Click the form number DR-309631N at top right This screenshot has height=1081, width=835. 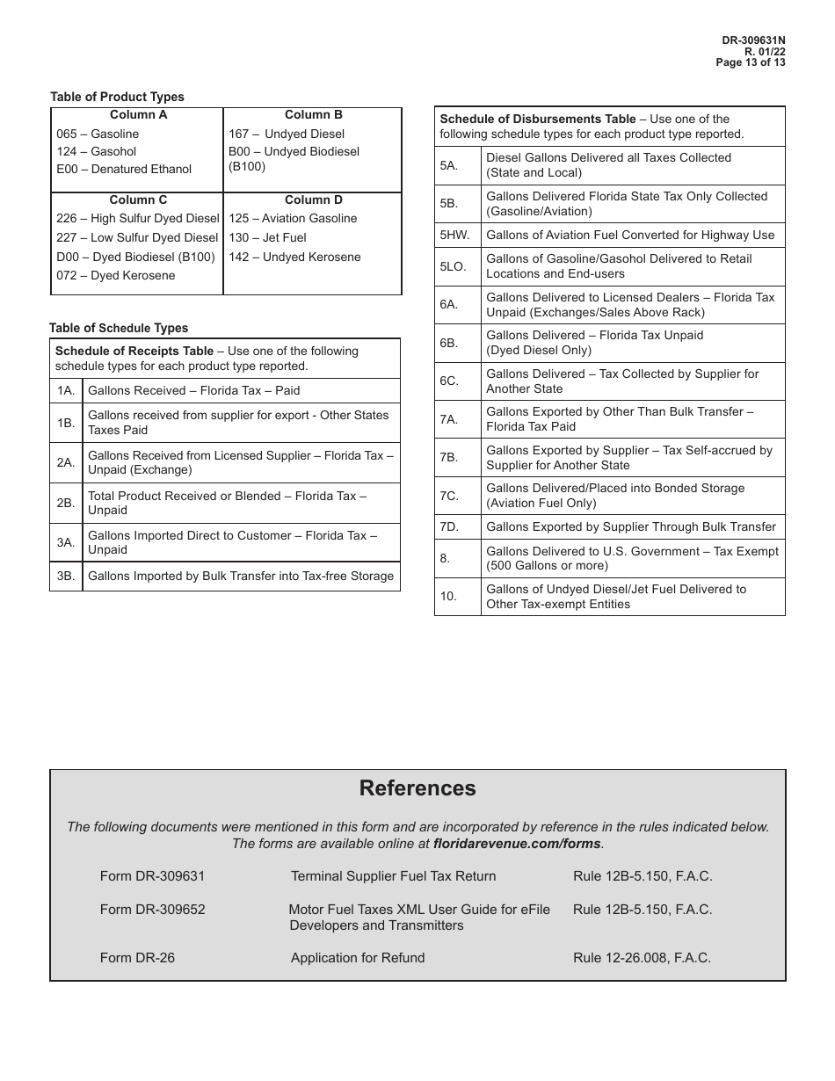pyautogui.click(x=753, y=40)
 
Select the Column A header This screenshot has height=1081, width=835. pyautogui.click(x=138, y=115)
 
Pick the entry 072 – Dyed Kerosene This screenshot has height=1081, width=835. pyautogui.click(x=115, y=276)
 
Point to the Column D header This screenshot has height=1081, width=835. pyautogui.click(x=313, y=200)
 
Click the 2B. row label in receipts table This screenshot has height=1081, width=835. pyautogui.click(x=66, y=503)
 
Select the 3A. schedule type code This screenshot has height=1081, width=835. pyautogui.click(x=66, y=542)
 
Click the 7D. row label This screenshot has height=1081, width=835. pyautogui.click(x=450, y=527)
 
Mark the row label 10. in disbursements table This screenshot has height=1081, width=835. pyautogui.click(x=448, y=597)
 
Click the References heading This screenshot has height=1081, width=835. pyautogui.click(x=417, y=788)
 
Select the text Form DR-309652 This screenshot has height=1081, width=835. pyautogui.click(x=152, y=910)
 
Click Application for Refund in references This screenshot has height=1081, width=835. pyautogui.click(x=357, y=958)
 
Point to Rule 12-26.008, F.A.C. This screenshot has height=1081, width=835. pyautogui.click(x=642, y=958)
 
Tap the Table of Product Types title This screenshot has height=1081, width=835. pyautogui.click(x=117, y=97)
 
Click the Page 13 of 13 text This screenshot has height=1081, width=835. pyautogui.click(x=751, y=62)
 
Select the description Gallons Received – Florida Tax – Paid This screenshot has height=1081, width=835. pyautogui.click(x=193, y=391)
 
